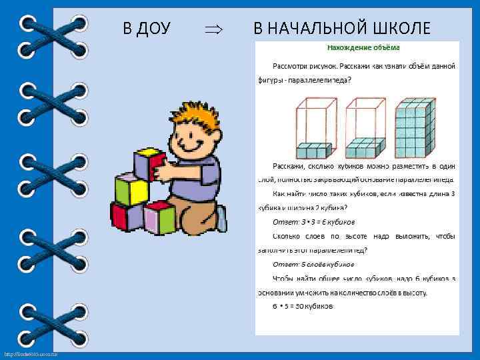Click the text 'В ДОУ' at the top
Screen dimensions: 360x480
(x=147, y=28)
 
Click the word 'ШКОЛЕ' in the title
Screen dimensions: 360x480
(x=401, y=28)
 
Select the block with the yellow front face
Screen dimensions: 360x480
(x=132, y=189)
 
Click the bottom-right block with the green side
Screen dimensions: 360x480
(x=160, y=218)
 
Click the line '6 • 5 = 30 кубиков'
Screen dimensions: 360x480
(x=303, y=306)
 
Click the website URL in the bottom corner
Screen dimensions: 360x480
(x=31, y=353)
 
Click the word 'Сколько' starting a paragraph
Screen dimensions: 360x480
(x=288, y=236)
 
